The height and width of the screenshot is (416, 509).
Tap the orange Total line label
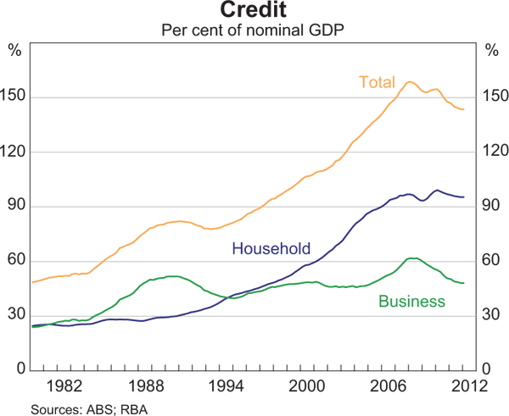(377, 82)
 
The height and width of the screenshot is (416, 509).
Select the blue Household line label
(271, 249)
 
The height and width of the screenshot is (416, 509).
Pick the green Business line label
(411, 301)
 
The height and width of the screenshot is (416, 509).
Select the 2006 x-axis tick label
(388, 387)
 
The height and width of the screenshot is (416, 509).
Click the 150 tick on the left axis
(14, 97)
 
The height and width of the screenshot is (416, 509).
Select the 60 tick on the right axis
(491, 261)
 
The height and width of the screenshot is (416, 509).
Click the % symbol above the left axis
(14, 48)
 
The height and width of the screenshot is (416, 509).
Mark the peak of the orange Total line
(410, 81)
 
